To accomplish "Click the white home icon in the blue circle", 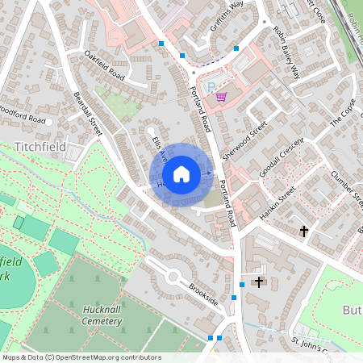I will point(181,174).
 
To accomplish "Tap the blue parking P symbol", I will point(211,86).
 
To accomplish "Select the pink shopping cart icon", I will point(221,97).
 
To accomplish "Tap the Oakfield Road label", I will point(105,65).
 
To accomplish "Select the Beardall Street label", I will point(89,113).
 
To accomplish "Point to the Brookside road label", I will point(203,295).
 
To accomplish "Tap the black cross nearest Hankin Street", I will point(304,232).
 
